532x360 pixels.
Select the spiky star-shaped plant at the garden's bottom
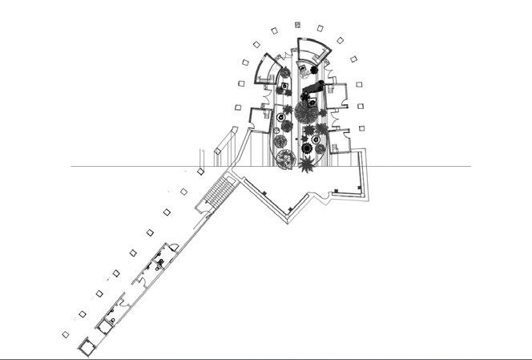[308, 166]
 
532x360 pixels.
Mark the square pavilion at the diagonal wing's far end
[85, 344]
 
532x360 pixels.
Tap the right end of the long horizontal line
[470, 167]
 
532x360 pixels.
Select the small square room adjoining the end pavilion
[102, 324]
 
